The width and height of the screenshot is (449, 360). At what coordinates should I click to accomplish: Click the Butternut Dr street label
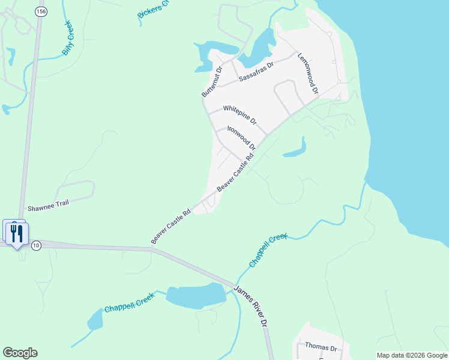(x=212, y=82)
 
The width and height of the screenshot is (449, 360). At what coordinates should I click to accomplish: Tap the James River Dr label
(x=250, y=305)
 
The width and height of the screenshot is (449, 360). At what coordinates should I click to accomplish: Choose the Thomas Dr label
(x=321, y=346)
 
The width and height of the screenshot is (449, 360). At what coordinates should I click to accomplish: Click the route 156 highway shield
(x=40, y=11)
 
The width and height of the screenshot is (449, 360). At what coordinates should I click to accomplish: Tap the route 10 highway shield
(x=36, y=245)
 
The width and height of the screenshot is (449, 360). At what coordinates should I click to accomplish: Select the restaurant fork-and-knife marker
(x=16, y=233)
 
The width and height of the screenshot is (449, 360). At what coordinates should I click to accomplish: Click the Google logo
(x=20, y=353)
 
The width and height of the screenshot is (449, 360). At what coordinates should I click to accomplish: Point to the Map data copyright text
(x=411, y=355)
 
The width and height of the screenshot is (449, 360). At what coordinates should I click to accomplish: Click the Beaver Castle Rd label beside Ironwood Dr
(x=235, y=172)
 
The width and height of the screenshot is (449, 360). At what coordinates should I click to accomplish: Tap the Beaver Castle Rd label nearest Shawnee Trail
(x=171, y=226)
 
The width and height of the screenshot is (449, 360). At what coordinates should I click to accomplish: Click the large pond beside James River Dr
(x=196, y=296)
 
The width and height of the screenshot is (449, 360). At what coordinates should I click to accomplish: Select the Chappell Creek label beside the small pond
(x=130, y=304)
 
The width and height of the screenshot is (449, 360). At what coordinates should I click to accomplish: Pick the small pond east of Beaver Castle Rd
(x=296, y=149)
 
